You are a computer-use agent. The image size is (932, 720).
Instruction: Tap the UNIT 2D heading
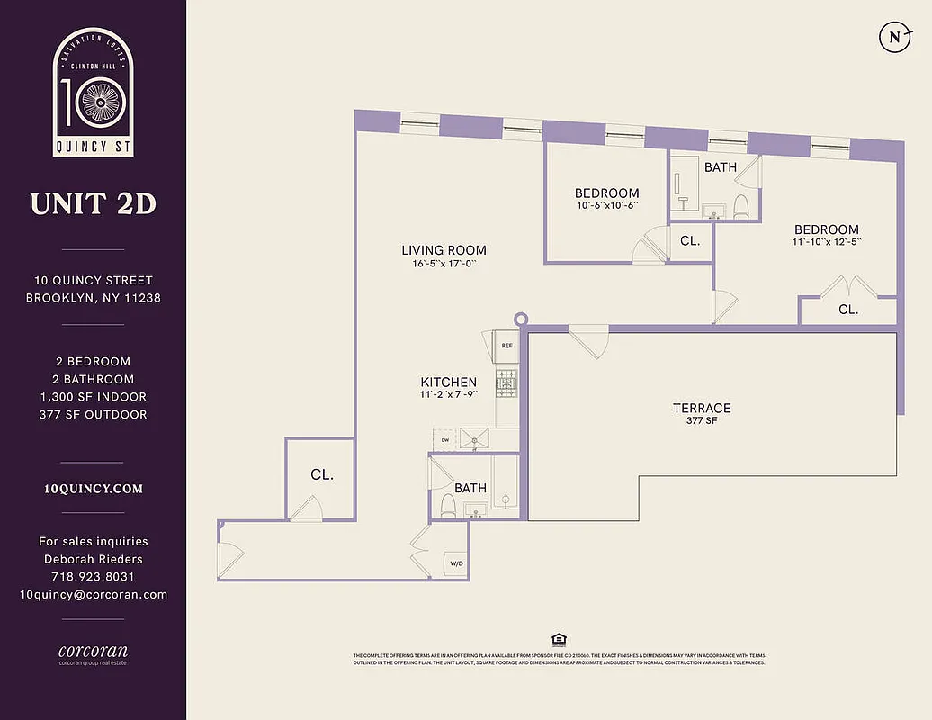(93, 204)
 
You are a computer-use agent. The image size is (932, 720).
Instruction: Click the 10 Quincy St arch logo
(94, 92)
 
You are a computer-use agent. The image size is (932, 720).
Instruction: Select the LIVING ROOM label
(444, 250)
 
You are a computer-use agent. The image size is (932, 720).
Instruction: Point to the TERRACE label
(702, 408)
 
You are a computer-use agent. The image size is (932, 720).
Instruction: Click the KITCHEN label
(448, 382)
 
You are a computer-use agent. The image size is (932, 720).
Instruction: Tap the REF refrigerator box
(506, 345)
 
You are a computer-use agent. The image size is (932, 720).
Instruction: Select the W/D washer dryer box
(457, 564)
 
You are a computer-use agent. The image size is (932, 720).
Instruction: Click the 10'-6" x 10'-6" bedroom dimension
(606, 206)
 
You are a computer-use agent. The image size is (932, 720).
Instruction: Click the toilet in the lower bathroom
(447, 504)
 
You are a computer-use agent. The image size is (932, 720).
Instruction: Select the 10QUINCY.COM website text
(94, 489)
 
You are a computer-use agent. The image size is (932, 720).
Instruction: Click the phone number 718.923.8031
(94, 577)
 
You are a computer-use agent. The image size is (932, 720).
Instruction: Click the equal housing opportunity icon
(559, 640)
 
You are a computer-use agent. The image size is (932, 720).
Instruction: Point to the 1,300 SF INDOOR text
(94, 397)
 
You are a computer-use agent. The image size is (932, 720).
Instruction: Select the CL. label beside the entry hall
(322, 475)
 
